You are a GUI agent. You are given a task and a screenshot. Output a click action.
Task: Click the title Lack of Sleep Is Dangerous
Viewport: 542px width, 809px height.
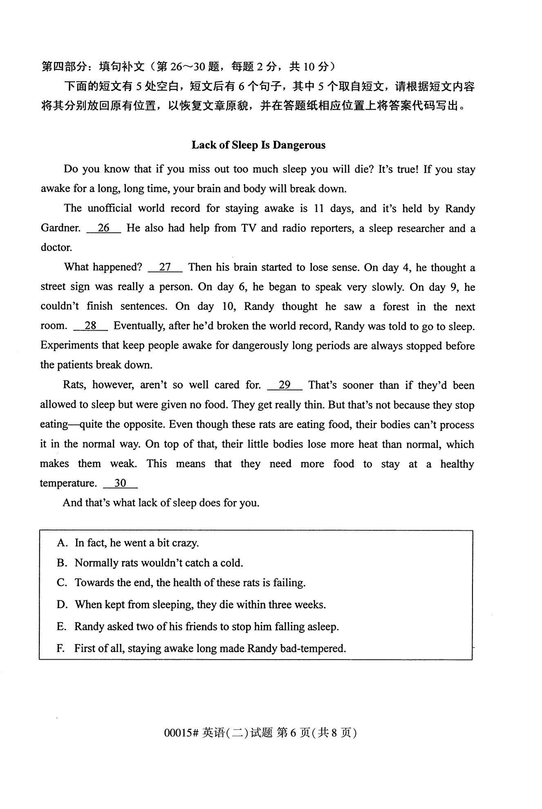point(258,145)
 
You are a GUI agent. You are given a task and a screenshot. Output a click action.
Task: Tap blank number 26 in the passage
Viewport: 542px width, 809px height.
point(104,228)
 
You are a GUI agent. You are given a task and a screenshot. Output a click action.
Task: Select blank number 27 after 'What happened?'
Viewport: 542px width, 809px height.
point(165,268)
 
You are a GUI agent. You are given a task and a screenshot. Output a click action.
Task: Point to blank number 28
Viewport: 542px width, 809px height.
point(90,326)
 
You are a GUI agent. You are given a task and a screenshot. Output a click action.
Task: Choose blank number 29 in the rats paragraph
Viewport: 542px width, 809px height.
point(284,385)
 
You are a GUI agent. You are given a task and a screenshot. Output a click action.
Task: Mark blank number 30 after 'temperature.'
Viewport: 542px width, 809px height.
point(120,483)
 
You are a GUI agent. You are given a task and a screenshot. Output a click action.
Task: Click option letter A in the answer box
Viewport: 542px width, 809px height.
point(62,543)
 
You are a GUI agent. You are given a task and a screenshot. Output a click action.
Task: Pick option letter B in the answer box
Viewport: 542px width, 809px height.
point(62,563)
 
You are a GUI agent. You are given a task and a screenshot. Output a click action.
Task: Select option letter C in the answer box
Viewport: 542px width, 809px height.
point(62,583)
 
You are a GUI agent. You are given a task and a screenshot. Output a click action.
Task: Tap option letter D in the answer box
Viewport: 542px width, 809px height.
point(62,604)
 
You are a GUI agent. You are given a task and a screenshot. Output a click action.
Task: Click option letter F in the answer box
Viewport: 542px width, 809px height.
point(61,649)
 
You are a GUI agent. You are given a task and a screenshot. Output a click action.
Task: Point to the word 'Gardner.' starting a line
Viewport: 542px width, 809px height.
point(60,228)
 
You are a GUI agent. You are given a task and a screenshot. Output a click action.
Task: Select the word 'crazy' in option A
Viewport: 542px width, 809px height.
point(185,543)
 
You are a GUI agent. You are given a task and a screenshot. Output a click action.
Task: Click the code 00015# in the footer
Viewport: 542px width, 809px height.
point(181,733)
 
